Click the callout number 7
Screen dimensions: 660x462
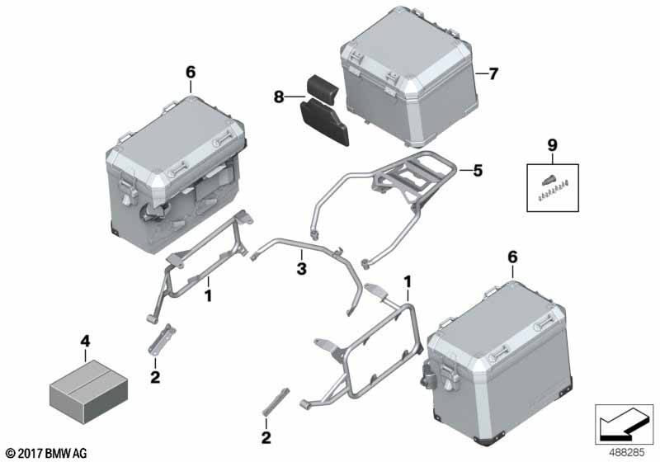point(493,73)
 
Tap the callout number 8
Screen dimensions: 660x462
point(279,97)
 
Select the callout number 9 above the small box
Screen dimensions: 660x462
point(552,145)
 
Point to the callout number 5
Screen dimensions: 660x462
point(478,171)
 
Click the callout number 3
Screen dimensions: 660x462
point(301,268)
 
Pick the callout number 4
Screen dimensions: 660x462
point(85,342)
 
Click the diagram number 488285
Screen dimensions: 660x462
point(627,453)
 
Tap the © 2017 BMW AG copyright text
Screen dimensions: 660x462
point(47,453)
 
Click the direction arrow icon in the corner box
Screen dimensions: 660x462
point(624,425)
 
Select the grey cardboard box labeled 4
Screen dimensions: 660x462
point(88,391)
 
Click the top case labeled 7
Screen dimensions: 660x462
point(409,76)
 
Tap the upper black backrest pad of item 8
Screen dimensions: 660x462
point(322,88)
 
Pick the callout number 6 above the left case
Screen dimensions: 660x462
point(191,73)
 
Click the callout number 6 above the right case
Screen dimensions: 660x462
point(512,257)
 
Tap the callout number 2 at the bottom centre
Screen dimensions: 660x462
point(266,438)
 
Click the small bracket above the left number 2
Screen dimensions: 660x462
point(162,339)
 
